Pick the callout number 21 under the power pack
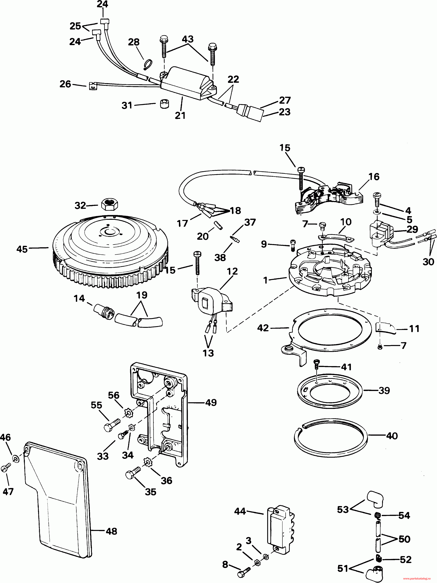pos(180,115)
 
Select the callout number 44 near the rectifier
pos(240,511)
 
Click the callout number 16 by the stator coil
pos(374,177)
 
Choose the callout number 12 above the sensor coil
pos(232,271)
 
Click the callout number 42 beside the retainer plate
pos(263,328)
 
